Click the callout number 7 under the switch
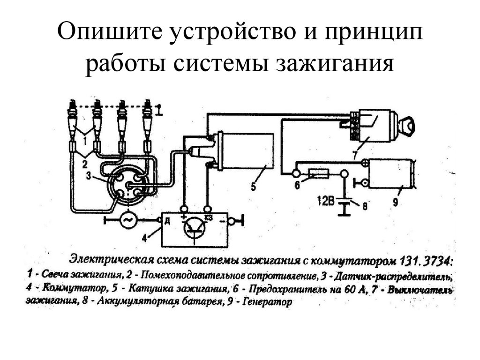point(355,153)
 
